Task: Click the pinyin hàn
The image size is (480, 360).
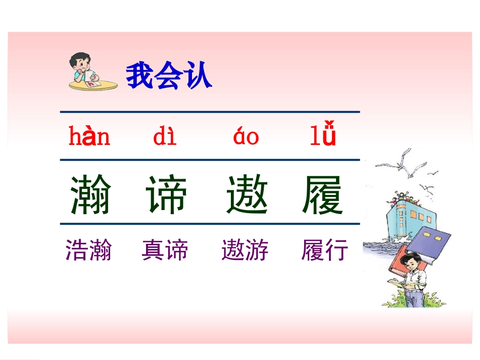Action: (x=89, y=136)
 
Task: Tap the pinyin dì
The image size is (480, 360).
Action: (x=165, y=137)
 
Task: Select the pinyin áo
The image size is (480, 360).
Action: (x=246, y=137)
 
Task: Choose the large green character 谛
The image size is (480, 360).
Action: (x=166, y=195)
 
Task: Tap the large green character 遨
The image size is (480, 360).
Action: (x=247, y=195)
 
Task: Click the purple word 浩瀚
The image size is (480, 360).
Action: (x=88, y=250)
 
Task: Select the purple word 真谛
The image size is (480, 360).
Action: (x=165, y=250)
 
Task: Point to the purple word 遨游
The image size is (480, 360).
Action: (x=245, y=250)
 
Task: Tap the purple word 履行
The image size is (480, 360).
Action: (x=325, y=250)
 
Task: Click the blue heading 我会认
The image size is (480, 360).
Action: (x=169, y=76)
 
